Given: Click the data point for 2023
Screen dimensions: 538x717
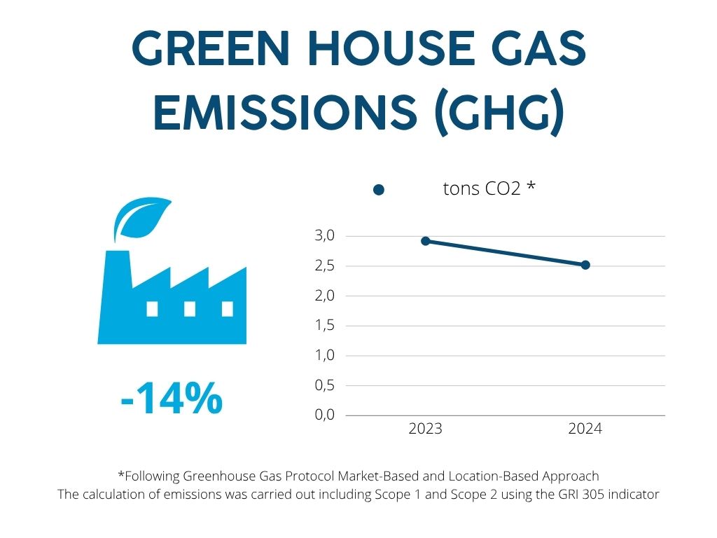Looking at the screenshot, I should click(x=425, y=241).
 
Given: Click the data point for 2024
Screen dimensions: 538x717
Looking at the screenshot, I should click(x=585, y=265).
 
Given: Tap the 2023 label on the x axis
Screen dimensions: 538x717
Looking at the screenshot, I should click(x=425, y=429).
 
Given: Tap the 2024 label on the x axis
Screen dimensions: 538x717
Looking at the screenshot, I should click(x=585, y=429).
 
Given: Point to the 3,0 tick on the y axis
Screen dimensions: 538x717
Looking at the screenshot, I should click(x=326, y=235).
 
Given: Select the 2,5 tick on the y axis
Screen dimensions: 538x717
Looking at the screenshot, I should click(x=326, y=266).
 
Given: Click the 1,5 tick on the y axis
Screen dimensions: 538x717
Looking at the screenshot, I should click(x=326, y=326).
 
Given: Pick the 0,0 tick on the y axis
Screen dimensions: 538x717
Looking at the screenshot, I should click(x=326, y=415).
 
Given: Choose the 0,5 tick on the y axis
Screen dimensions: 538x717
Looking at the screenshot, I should click(x=326, y=385).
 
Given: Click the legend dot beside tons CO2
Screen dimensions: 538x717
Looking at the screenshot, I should click(x=379, y=190).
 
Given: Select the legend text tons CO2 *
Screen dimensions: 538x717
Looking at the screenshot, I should click(x=489, y=188).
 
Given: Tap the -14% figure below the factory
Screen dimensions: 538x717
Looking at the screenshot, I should click(x=172, y=399).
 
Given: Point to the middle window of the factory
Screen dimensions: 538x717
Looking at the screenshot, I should click(x=189, y=308).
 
